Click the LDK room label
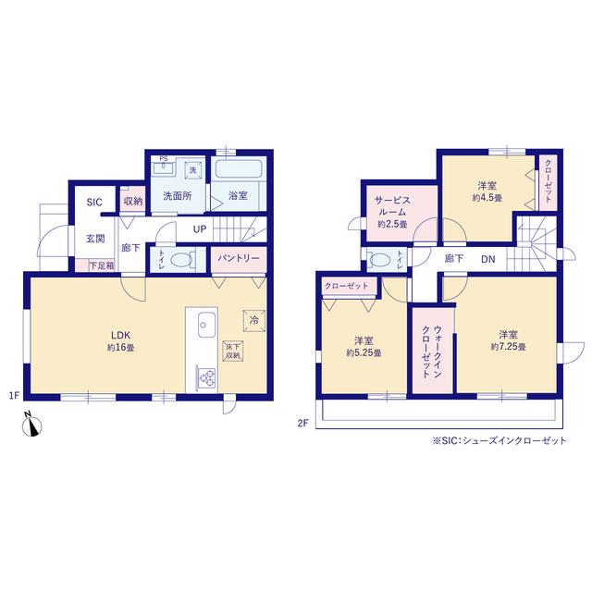pyautogui.click(x=120, y=335)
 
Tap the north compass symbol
pyautogui.click(x=31, y=425)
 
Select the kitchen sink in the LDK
pyautogui.click(x=206, y=325)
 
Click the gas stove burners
pyautogui.click(x=206, y=378)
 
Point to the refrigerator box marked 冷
pyautogui.click(x=254, y=321)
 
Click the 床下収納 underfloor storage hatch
pyautogui.click(x=233, y=351)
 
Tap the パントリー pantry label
pyautogui.click(x=239, y=258)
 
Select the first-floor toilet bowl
pyautogui.click(x=181, y=260)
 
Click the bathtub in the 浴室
pyautogui.click(x=239, y=168)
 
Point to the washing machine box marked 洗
pyautogui.click(x=193, y=170)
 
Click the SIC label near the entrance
pyautogui.click(x=94, y=203)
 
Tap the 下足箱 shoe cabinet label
pyautogui.click(x=102, y=265)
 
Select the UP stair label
pyautogui.click(x=200, y=229)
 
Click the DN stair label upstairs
pyautogui.click(x=488, y=259)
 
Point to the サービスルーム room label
pyautogui.click(x=392, y=205)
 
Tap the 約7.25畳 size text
pyautogui.click(x=508, y=347)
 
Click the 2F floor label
pyautogui.click(x=302, y=424)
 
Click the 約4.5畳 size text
pyautogui.click(x=487, y=197)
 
